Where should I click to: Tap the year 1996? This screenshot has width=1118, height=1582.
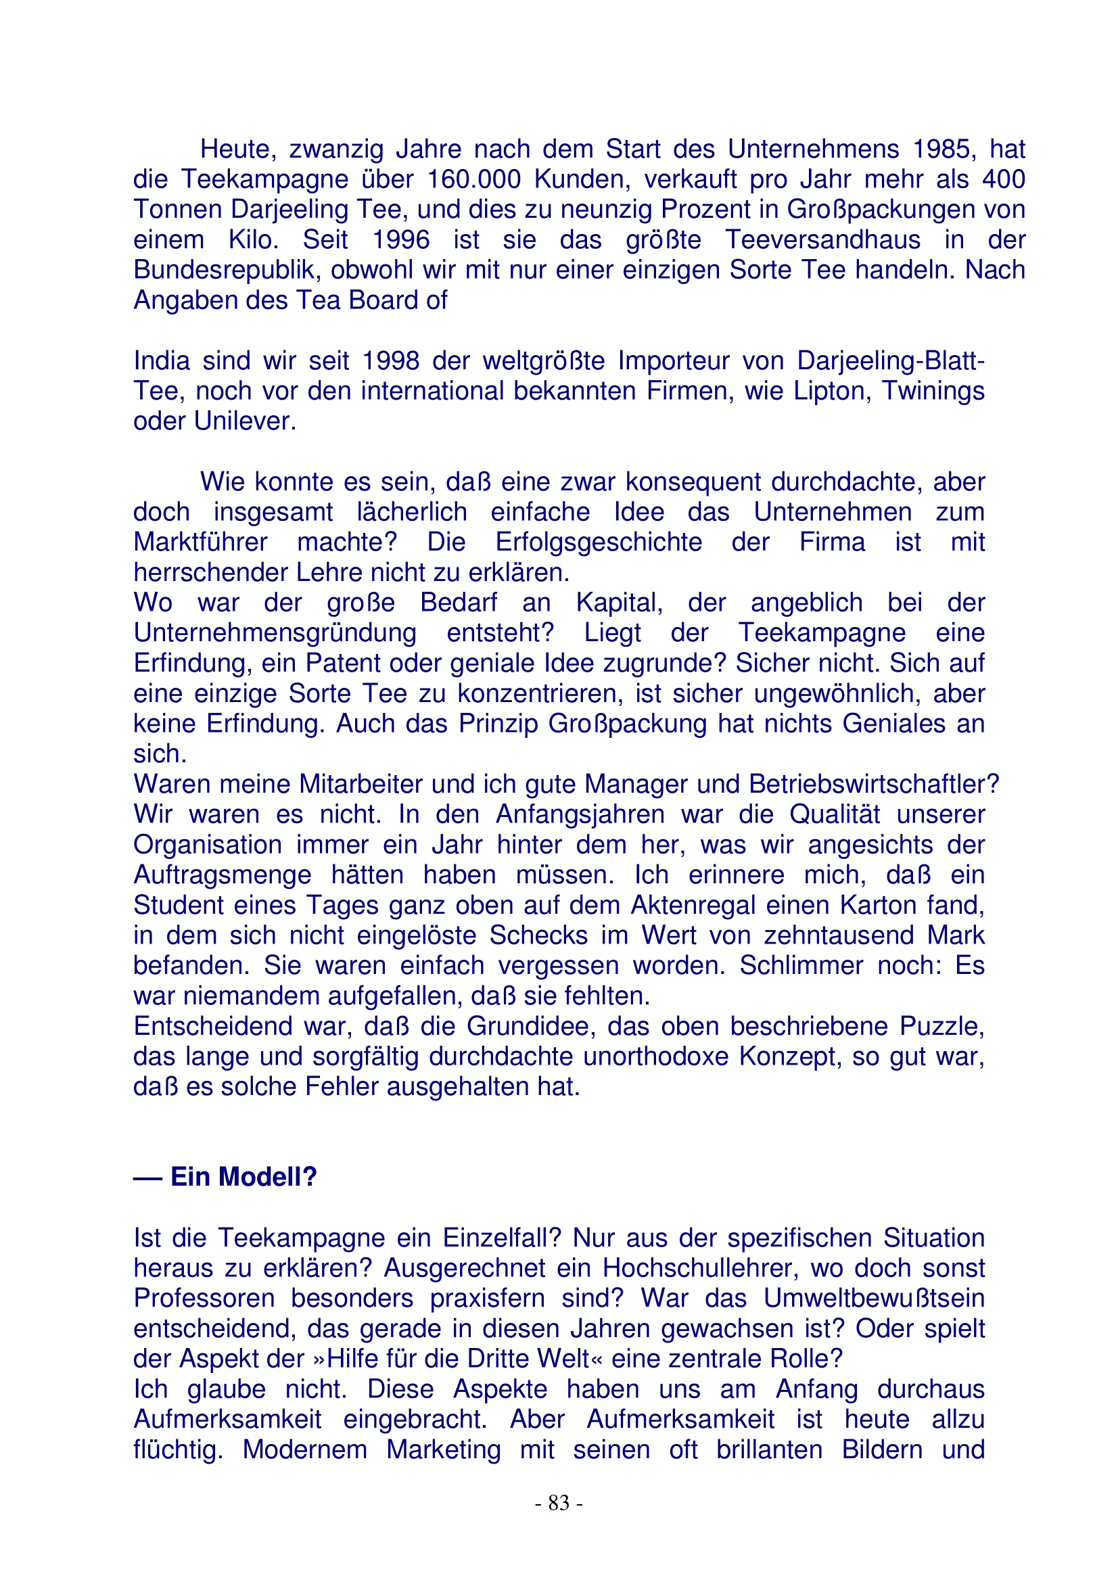point(401,240)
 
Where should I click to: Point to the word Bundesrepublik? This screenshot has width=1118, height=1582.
point(227,270)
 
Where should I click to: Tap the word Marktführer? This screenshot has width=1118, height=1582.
point(200,542)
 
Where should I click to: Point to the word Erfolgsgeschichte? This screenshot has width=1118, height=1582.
point(598,542)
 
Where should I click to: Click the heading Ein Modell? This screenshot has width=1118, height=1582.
point(243,1176)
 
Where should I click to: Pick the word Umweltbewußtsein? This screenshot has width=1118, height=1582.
point(873,1298)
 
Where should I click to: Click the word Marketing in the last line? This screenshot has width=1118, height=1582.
point(443,1449)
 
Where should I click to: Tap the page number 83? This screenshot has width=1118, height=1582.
point(559,1503)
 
